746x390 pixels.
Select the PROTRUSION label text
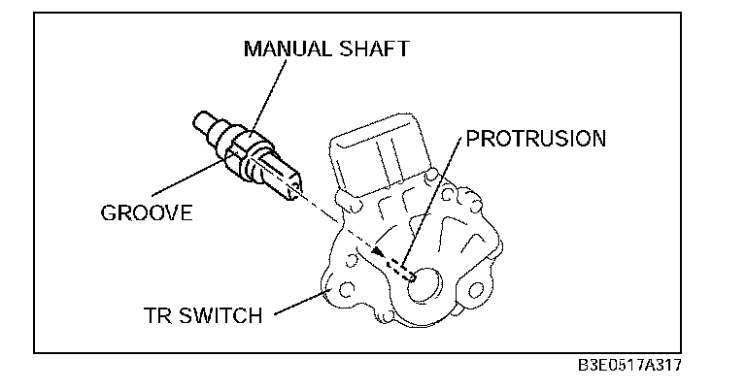pyautogui.click(x=535, y=138)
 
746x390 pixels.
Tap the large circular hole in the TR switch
pyautogui.click(x=427, y=286)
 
